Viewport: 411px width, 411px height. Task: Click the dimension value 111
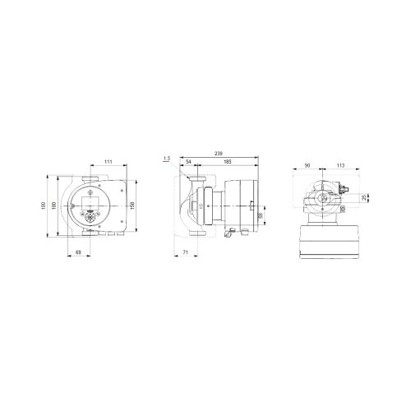point(108,162)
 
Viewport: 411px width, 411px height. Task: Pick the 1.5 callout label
point(167,158)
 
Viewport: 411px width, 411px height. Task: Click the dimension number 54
point(188,163)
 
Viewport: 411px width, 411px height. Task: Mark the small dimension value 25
point(366,197)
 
